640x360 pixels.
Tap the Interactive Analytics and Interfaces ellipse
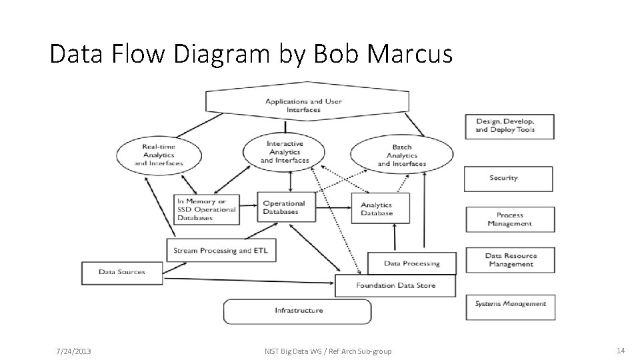tap(285, 152)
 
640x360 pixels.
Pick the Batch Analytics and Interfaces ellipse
tap(401, 155)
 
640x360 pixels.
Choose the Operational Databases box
tap(285, 208)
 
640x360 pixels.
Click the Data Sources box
tap(121, 272)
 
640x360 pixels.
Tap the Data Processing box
tap(412, 263)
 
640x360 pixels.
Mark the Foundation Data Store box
tap(395, 286)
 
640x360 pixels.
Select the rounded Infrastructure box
tap(297, 311)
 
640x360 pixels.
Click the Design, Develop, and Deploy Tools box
tap(509, 126)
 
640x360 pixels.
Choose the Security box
tap(509, 179)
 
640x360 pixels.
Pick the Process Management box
tap(510, 219)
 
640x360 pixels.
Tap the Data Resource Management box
tap(510, 260)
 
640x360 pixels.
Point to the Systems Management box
tap(510, 304)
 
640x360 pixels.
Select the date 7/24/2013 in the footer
tap(73, 351)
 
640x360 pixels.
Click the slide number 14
tap(620, 351)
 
